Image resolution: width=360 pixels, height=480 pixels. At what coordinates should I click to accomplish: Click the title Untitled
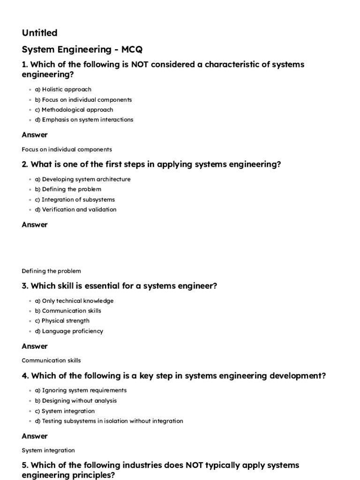tap(39, 33)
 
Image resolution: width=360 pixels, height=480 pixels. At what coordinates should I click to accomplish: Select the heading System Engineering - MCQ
tap(82, 49)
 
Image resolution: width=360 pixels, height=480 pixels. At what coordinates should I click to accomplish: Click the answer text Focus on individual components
tap(67, 150)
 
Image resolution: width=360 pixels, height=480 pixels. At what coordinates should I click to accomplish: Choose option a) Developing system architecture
tap(83, 180)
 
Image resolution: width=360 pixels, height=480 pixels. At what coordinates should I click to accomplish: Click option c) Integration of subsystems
tap(75, 200)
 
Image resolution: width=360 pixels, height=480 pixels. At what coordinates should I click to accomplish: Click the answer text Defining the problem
tap(51, 271)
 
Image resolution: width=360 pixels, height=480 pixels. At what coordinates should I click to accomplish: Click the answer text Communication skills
tap(51, 360)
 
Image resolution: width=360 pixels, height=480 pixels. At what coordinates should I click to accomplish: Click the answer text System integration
tap(48, 450)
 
